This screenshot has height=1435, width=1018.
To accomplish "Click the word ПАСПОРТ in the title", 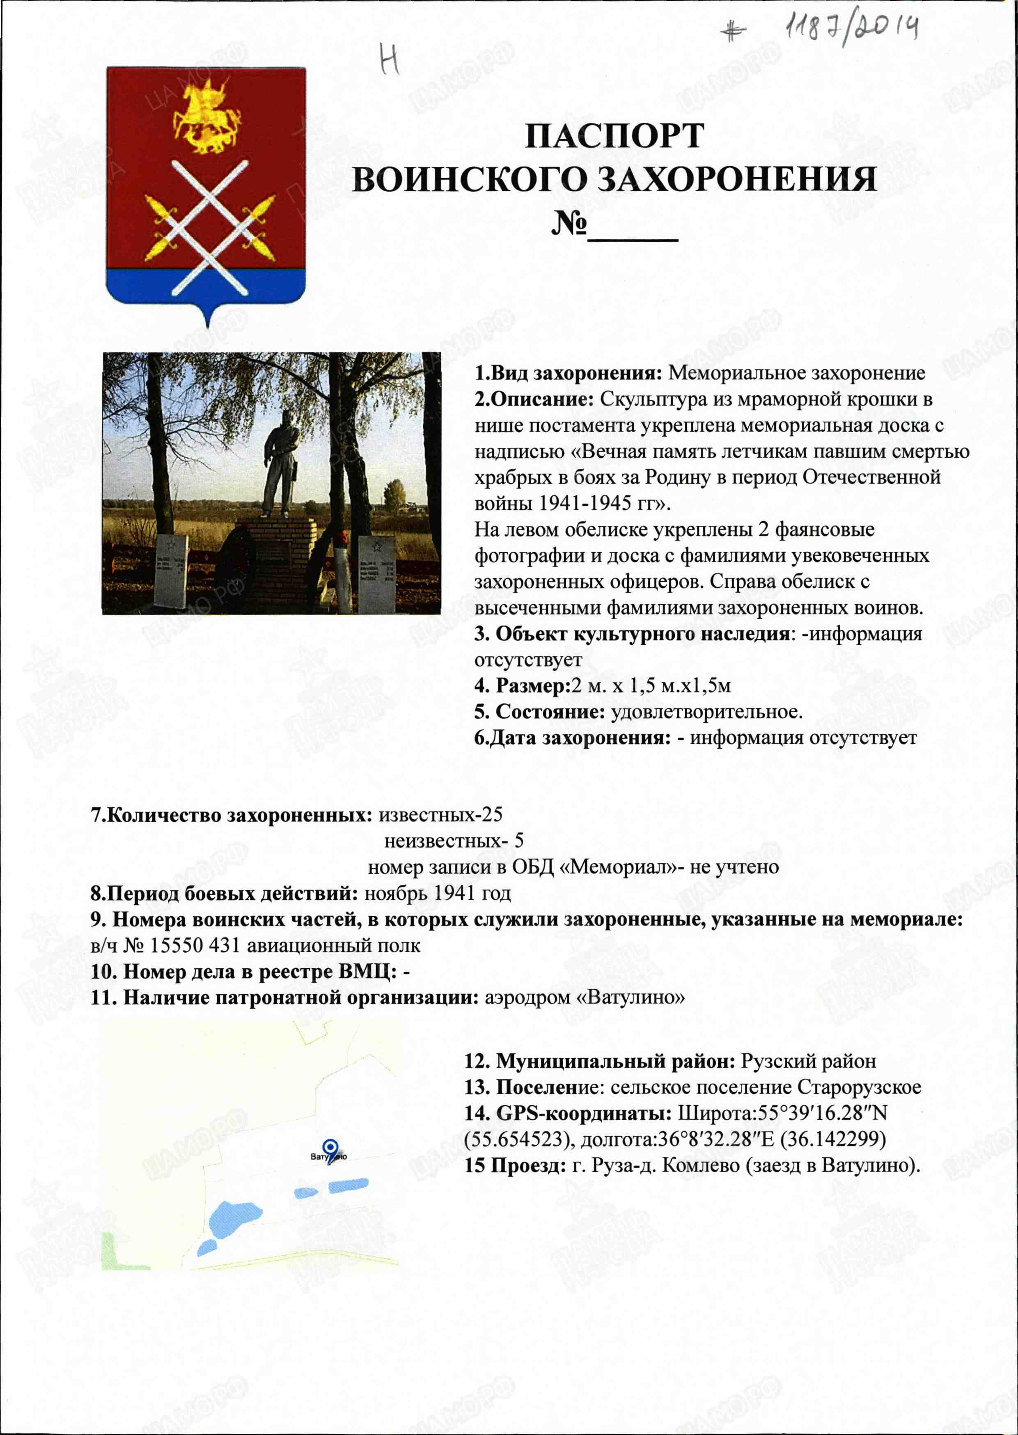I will click(x=614, y=135).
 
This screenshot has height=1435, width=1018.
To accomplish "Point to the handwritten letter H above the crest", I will click(x=390, y=61).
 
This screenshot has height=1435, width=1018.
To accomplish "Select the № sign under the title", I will click(x=569, y=223).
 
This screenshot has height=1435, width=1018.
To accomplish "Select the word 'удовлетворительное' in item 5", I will click(x=706, y=712).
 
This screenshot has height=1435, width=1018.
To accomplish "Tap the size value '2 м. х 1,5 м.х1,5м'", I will click(x=651, y=685).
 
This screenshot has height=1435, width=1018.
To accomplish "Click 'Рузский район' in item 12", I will click(x=809, y=1061).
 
